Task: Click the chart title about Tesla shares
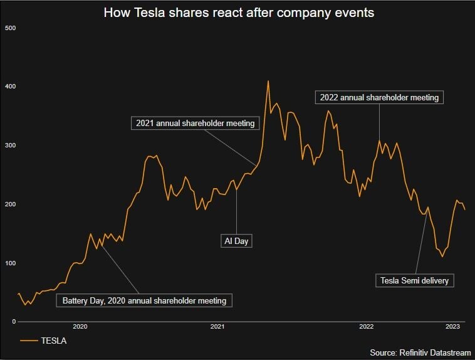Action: [x=238, y=13]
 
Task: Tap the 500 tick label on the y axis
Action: [x=11, y=28]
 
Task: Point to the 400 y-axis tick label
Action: [x=11, y=87]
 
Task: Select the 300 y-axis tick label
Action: [x=11, y=146]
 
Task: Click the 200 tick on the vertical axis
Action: [x=11, y=204]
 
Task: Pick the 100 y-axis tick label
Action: [x=11, y=263]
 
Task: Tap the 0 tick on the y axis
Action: [x=13, y=322]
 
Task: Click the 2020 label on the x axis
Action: [x=80, y=327]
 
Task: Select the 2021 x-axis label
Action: [x=217, y=327]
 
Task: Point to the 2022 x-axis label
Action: [x=367, y=327]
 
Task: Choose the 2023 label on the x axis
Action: [x=453, y=327]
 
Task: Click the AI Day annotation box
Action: [x=237, y=240]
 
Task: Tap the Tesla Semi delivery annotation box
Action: [x=415, y=280]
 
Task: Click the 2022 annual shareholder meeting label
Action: [x=379, y=97]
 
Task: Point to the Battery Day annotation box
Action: [x=144, y=300]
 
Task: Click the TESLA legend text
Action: [x=54, y=341]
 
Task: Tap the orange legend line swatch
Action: [x=29, y=341]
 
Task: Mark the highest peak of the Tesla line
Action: [x=268, y=81]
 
